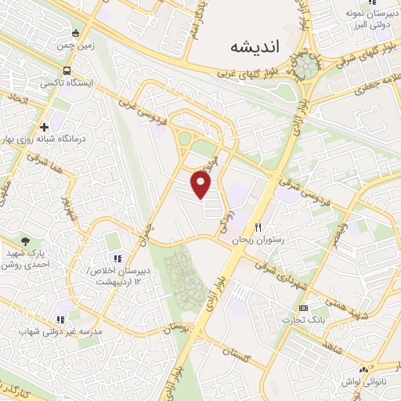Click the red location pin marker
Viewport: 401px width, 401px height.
pyautogui.click(x=201, y=185)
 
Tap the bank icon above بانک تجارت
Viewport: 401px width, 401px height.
pyautogui.click(x=304, y=308)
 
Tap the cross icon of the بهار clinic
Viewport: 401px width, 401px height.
pyautogui.click(x=44, y=126)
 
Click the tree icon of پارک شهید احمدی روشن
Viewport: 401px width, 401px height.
pyautogui.click(x=26, y=243)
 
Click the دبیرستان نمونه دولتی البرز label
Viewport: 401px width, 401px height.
pyautogui.click(x=367, y=20)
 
